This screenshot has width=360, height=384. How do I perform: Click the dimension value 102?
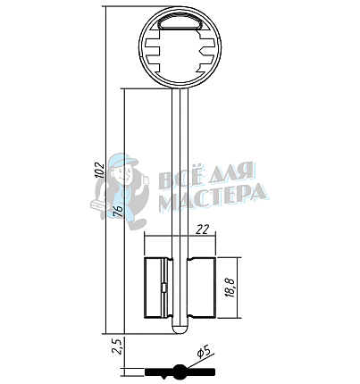click(100, 170)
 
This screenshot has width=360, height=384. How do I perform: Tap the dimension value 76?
click(118, 211)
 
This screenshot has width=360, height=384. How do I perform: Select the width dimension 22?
click(202, 230)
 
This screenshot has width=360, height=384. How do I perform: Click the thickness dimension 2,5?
click(116, 346)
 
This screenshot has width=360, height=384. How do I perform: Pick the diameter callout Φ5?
click(205, 353)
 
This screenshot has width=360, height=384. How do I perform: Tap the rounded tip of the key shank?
click(180, 329)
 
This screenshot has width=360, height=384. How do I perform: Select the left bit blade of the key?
click(158, 288)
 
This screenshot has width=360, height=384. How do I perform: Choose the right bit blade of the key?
click(201, 288)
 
